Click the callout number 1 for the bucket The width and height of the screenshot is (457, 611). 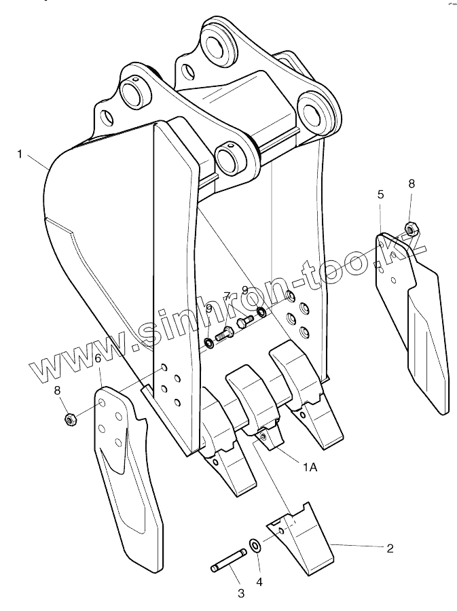[x=20, y=155]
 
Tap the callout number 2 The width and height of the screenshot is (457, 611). [x=390, y=548]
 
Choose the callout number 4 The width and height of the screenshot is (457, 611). [x=259, y=582]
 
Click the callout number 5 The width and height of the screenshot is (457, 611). [x=380, y=194]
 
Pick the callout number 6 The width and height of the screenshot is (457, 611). [x=98, y=357]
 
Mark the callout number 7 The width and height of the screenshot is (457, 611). [x=227, y=296]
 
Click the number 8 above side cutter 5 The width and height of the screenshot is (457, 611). [x=412, y=184]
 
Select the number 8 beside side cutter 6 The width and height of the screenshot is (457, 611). [x=58, y=390]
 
